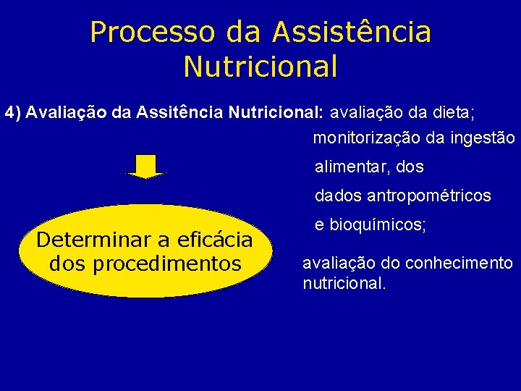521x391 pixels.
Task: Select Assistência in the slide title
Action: (352, 33)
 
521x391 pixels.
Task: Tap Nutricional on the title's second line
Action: (260, 67)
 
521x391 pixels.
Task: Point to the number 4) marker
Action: (13, 113)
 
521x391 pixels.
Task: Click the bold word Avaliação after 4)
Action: (59, 113)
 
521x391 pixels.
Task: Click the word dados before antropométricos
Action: (339, 195)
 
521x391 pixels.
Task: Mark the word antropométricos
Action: (429, 195)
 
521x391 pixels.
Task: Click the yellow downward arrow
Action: (145, 167)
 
